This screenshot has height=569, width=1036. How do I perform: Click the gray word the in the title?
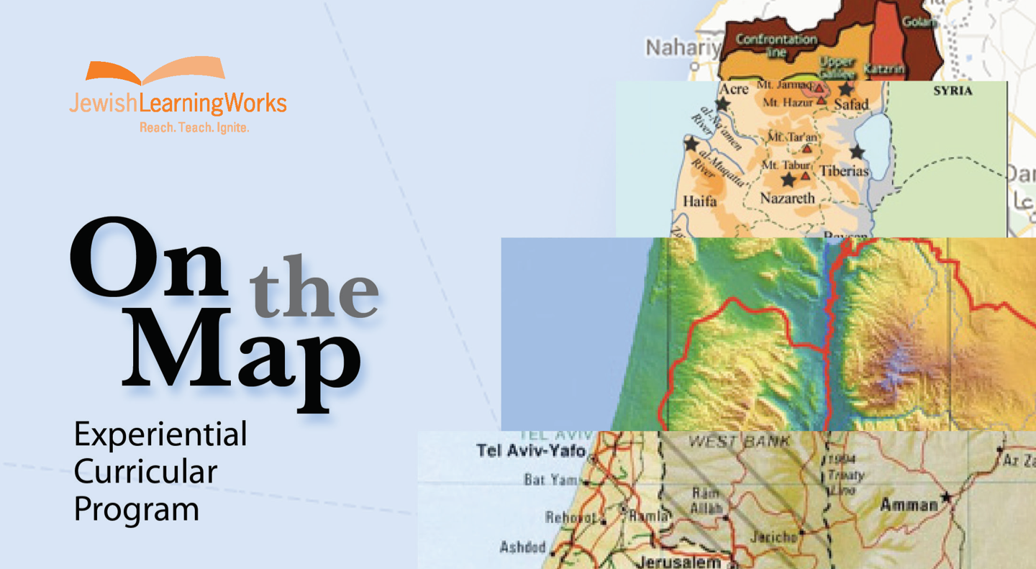(x=314, y=291)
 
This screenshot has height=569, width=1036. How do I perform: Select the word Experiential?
(x=160, y=434)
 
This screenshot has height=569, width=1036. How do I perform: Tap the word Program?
(x=137, y=509)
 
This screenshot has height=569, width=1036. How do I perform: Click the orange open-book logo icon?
(x=155, y=72)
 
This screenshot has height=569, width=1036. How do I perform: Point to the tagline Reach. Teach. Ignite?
(x=194, y=127)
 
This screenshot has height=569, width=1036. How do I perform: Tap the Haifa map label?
(x=699, y=201)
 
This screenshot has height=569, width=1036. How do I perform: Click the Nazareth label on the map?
(x=788, y=198)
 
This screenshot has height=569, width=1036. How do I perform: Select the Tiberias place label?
(x=844, y=171)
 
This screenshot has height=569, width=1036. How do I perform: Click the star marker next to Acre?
(x=722, y=105)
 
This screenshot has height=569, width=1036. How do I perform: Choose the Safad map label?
(x=851, y=104)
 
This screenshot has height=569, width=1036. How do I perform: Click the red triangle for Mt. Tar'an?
(x=807, y=149)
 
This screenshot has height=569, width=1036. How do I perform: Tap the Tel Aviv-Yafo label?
(x=531, y=451)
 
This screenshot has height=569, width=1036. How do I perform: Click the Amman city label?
(x=909, y=504)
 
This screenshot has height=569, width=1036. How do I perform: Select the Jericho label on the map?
(x=773, y=537)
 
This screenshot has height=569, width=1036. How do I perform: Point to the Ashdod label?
(x=523, y=547)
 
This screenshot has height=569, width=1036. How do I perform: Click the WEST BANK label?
(x=739, y=441)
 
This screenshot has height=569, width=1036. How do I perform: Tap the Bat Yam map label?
(x=550, y=480)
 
